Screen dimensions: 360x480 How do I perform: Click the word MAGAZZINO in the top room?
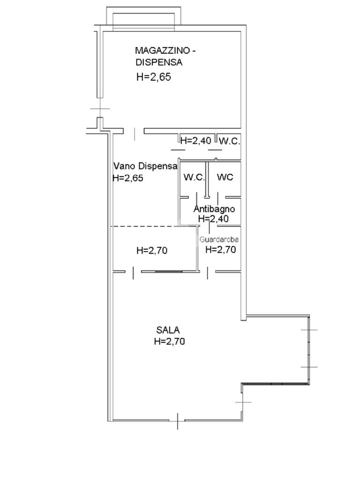162,50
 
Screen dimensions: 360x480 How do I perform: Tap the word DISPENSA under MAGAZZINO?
159,62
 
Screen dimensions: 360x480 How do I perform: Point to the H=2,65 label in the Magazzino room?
154,77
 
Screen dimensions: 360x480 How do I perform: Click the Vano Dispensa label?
145,166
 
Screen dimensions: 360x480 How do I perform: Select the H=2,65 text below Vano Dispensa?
128,178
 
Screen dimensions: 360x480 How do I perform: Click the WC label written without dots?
225,177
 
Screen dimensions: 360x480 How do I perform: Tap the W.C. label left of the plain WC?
194,177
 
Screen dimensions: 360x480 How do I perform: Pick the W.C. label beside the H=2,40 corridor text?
230,141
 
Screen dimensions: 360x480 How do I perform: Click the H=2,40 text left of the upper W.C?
195,141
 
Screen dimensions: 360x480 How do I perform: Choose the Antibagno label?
214,209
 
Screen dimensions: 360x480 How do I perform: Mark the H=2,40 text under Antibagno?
213,218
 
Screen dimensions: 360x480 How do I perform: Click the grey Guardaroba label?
219,240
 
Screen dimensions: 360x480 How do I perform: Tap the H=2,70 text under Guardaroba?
221,249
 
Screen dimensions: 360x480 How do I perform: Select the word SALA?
168,330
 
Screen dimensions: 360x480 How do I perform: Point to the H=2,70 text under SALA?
170,341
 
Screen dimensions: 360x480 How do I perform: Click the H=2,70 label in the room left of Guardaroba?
152,250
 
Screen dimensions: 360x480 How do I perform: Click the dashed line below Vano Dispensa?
145,226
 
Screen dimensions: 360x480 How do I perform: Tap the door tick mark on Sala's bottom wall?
178,421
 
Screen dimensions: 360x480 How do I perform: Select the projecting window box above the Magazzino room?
143,18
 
